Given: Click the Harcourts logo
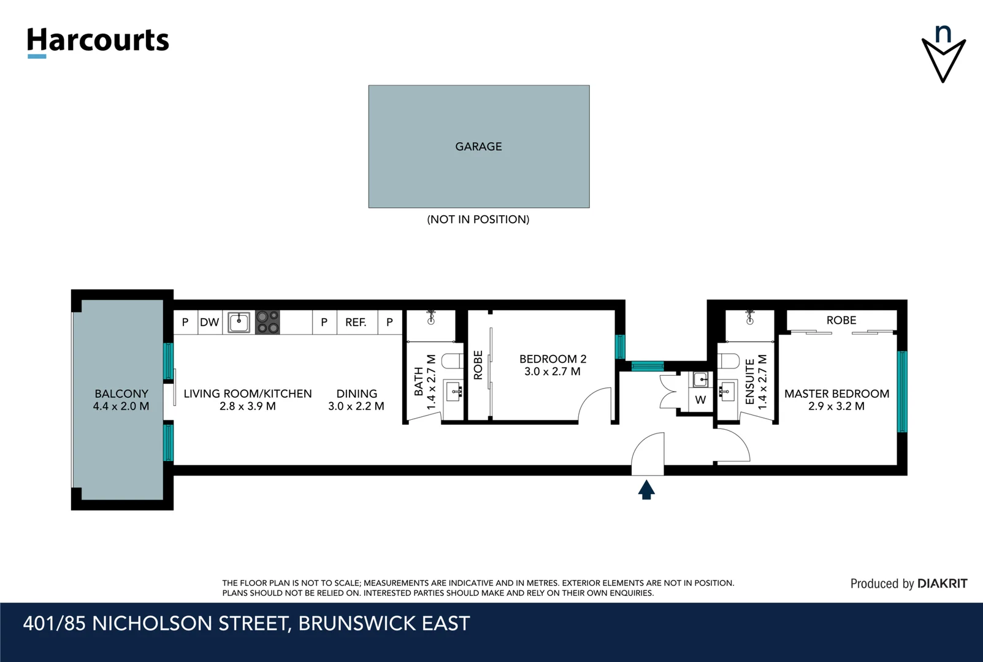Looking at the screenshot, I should click(98, 41).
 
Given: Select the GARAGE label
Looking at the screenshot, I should click(478, 146).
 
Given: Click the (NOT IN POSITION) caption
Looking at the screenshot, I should click(478, 219).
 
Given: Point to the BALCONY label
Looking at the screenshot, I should click(121, 394).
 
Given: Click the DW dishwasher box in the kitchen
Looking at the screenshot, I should click(210, 322).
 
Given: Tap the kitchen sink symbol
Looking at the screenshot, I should click(239, 322).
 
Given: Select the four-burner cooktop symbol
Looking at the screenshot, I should click(267, 322).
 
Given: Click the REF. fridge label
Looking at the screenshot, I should click(356, 322).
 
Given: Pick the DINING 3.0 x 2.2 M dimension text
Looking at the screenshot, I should click(356, 406).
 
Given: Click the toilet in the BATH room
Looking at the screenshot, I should click(453, 362).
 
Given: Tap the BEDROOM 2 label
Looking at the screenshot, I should click(553, 359).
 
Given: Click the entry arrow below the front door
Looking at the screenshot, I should click(646, 490).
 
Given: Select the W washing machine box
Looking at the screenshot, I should click(700, 400).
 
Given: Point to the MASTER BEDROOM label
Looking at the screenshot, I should click(836, 394).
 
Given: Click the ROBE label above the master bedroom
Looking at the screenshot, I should click(841, 320).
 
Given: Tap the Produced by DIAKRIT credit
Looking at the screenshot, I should click(908, 584).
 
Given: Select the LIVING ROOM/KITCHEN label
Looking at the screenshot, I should click(248, 394).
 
